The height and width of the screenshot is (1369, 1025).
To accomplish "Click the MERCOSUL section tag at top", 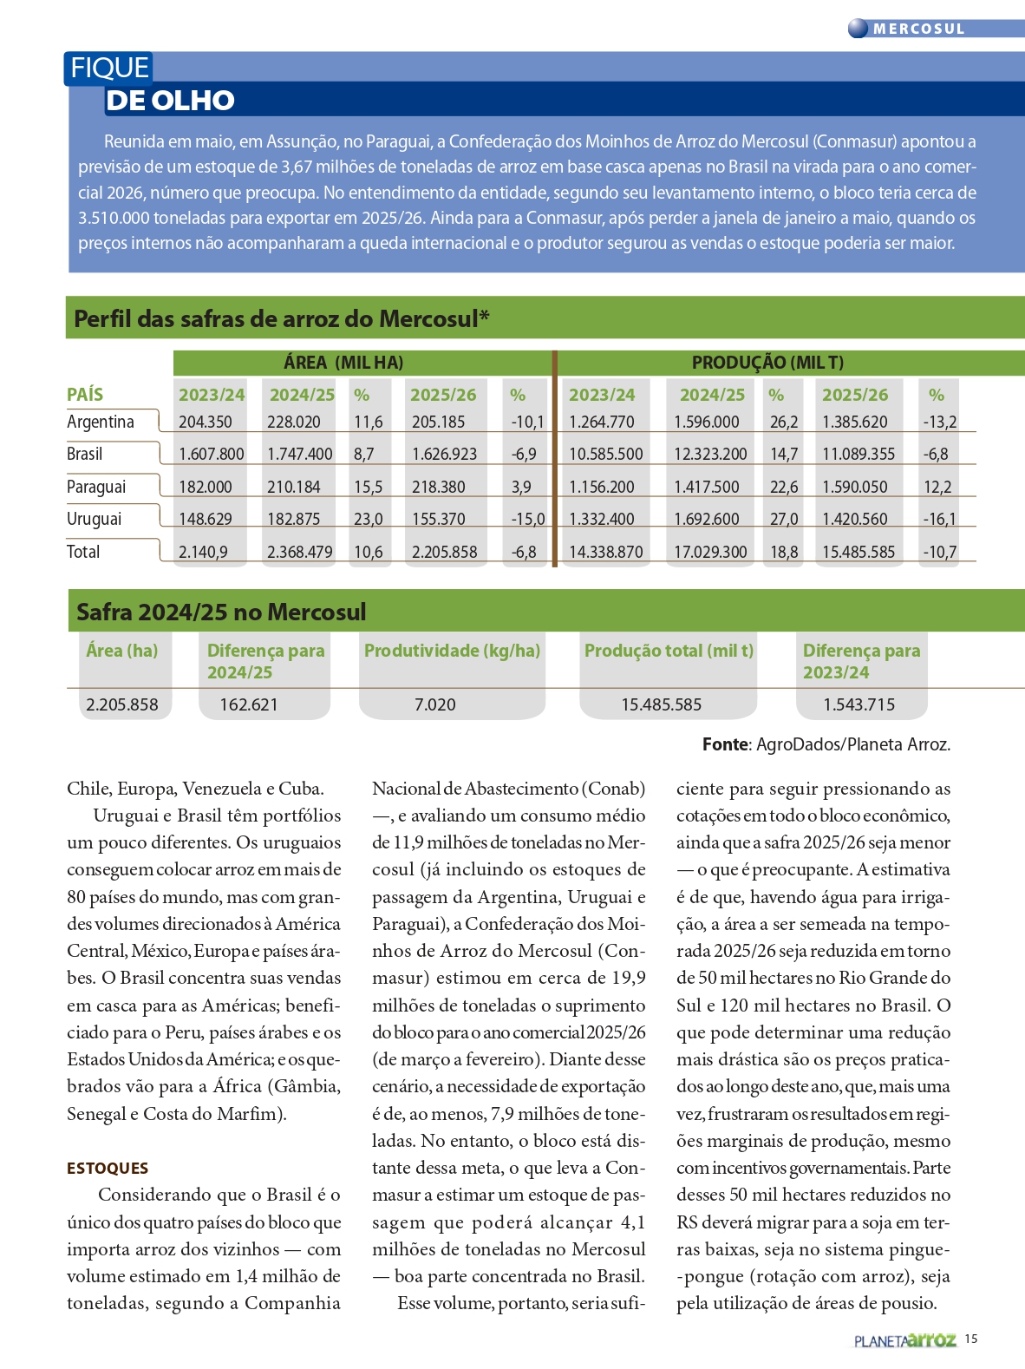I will coord(918,29).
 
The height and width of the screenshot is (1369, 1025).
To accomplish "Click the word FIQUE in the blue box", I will coord(109,68).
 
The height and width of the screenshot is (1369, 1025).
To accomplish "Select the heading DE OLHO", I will coord(170,101).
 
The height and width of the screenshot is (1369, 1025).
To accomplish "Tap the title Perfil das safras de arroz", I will coord(281,318).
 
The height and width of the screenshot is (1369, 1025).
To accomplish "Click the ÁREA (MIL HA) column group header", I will coord(343,363).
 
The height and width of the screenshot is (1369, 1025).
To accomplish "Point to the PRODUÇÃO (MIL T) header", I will coord(767,363).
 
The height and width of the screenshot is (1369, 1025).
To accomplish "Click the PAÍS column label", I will coord(85,395).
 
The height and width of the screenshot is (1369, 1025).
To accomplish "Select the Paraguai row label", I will coord(96,487).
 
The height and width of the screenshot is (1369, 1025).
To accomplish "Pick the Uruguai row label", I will coord(94,519).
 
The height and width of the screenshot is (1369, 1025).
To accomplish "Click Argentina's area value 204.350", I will coord(206,422).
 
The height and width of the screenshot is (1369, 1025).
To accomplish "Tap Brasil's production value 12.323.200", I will coord(710,455).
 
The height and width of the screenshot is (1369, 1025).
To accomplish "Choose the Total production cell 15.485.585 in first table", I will coord(859,552).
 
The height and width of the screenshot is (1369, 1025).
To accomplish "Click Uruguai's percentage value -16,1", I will coord(939,520).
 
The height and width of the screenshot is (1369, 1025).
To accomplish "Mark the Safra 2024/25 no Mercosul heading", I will coord(221,612).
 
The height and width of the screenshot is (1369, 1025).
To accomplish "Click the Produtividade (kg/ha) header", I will coord(452,651).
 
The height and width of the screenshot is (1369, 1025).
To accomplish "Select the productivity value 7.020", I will coord(434,704).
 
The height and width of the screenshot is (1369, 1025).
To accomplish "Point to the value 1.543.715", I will coord(859,704).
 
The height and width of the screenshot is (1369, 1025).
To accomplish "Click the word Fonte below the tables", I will coord(725,744).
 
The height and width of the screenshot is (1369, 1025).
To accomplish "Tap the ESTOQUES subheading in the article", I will coord(108,1169).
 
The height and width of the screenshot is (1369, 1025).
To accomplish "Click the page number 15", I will coord(971,1339).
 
